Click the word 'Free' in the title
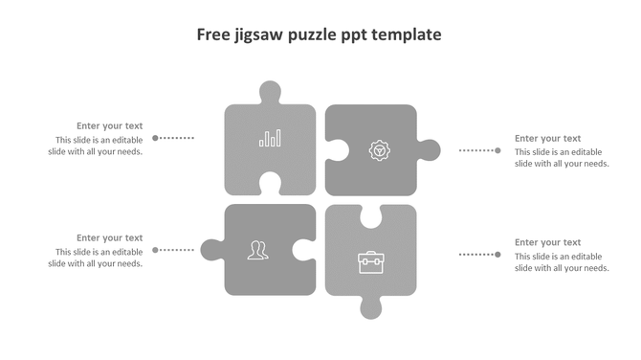(212, 35)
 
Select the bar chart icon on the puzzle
(270, 139)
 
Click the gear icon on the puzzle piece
(379, 150)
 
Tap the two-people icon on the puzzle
(257, 250)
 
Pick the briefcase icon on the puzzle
(370, 261)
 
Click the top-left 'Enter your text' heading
(110, 125)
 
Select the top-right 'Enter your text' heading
(547, 138)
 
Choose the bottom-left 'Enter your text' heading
(110, 237)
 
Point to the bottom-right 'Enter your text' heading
(547, 242)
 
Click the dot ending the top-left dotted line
(156, 138)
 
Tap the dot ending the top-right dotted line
(497, 150)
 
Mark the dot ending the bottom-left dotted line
(156, 250)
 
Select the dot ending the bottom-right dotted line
(497, 254)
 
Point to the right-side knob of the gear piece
(429, 150)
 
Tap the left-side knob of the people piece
(211, 250)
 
